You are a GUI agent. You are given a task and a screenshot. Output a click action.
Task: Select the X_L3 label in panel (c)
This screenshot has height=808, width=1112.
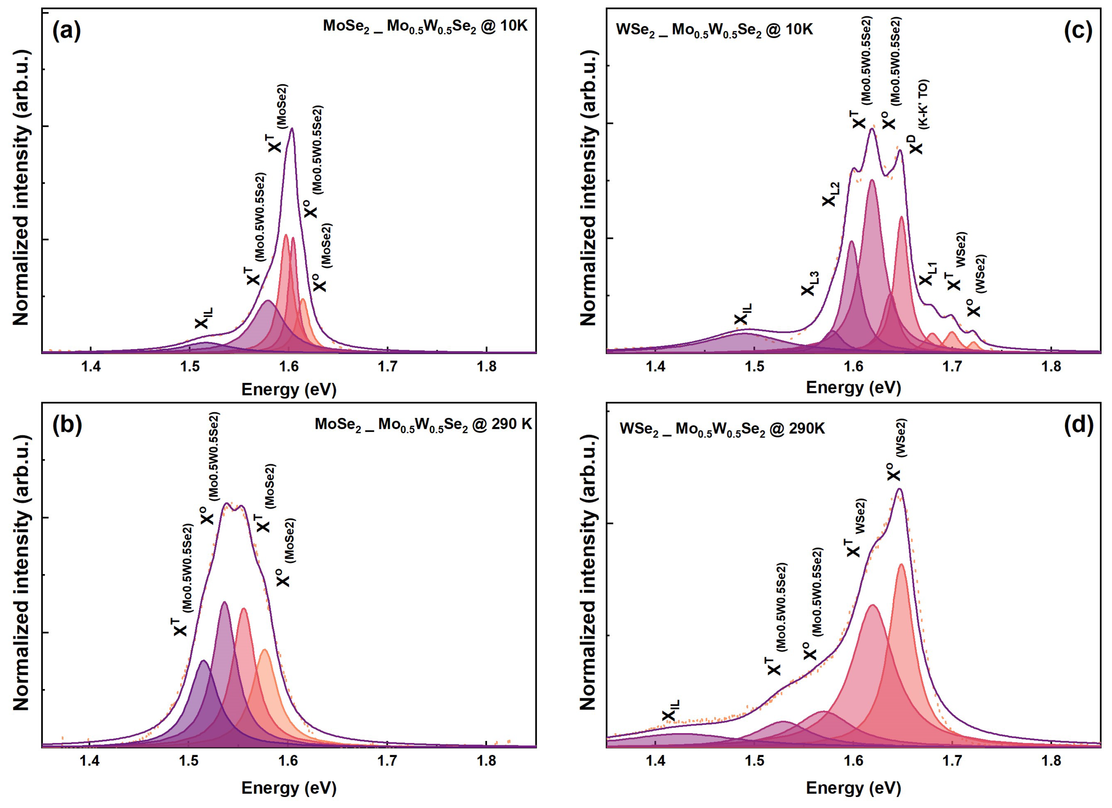810,284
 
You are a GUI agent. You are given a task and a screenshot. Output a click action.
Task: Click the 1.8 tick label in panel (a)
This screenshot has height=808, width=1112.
486,367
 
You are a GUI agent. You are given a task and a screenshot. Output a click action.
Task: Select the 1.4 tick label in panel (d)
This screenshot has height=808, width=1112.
656,761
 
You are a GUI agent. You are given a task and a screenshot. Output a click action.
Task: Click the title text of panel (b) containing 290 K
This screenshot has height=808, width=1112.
423,424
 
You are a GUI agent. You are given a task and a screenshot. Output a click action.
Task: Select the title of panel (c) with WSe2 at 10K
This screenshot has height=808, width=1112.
714,30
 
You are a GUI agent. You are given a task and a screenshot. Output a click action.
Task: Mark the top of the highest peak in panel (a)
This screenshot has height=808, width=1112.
292,129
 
